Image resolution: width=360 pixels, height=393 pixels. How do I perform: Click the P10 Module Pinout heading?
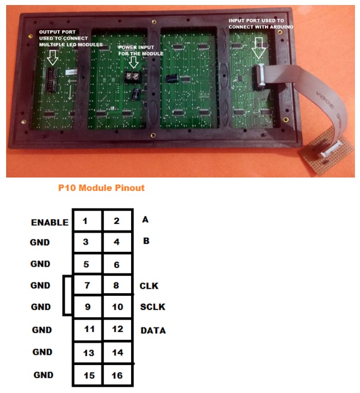[101, 188]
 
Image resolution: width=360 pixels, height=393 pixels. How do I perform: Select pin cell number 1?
[87, 220]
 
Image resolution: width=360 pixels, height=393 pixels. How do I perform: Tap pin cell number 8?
[117, 285]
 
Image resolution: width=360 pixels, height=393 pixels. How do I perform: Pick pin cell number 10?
[117, 307]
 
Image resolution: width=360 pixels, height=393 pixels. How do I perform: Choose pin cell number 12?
[117, 329]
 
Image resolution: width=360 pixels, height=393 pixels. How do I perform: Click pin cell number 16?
[117, 375]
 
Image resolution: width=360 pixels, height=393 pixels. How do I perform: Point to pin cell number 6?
[117, 264]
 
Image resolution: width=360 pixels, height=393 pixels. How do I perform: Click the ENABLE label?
[50, 222]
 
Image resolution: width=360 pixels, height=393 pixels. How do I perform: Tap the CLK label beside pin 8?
[149, 286]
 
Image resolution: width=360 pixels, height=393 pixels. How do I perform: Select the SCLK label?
[152, 307]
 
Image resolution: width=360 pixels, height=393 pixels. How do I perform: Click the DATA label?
[153, 330]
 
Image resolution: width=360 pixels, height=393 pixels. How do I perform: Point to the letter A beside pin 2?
[145, 219]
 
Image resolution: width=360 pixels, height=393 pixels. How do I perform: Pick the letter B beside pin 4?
[146, 241]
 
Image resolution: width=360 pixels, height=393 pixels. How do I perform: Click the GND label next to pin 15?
[44, 375]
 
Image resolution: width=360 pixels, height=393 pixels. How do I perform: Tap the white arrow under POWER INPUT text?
[134, 61]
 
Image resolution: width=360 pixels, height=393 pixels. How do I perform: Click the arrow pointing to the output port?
[52, 57]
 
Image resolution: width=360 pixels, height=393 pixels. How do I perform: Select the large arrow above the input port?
[258, 48]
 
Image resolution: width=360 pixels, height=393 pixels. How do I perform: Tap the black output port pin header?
[51, 79]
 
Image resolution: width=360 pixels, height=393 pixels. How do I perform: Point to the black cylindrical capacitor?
[171, 78]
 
